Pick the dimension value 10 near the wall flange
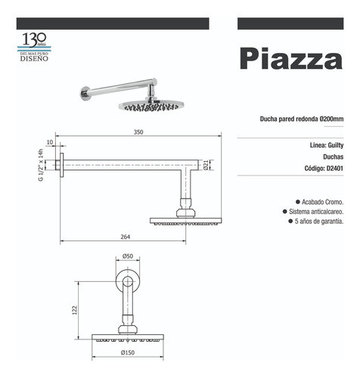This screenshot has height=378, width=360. (49, 142)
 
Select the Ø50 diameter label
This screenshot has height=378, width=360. (128, 257)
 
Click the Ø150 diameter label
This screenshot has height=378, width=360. (127, 352)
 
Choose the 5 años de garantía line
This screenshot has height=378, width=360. (317, 222)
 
